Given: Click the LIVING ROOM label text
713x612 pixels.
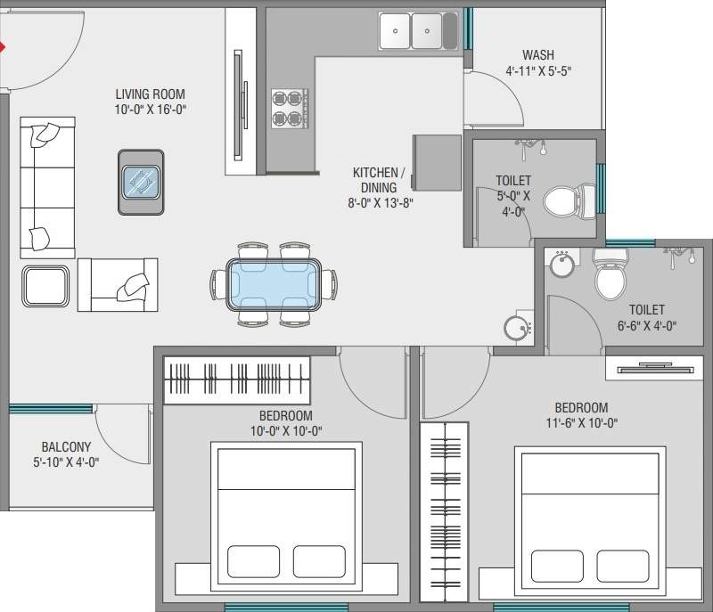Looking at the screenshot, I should [x=151, y=94].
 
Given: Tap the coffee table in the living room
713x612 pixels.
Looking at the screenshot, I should [x=141, y=182].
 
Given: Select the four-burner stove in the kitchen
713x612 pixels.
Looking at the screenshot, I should [x=288, y=108].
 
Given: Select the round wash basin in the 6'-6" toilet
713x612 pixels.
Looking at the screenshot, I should [x=561, y=265].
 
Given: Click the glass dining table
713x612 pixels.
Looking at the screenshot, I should [x=275, y=283].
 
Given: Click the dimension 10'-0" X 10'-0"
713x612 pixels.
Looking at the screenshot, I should [x=285, y=431].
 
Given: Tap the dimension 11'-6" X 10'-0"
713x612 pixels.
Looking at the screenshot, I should [x=584, y=423].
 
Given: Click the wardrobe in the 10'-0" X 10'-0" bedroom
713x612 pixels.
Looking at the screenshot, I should [x=236, y=379].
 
